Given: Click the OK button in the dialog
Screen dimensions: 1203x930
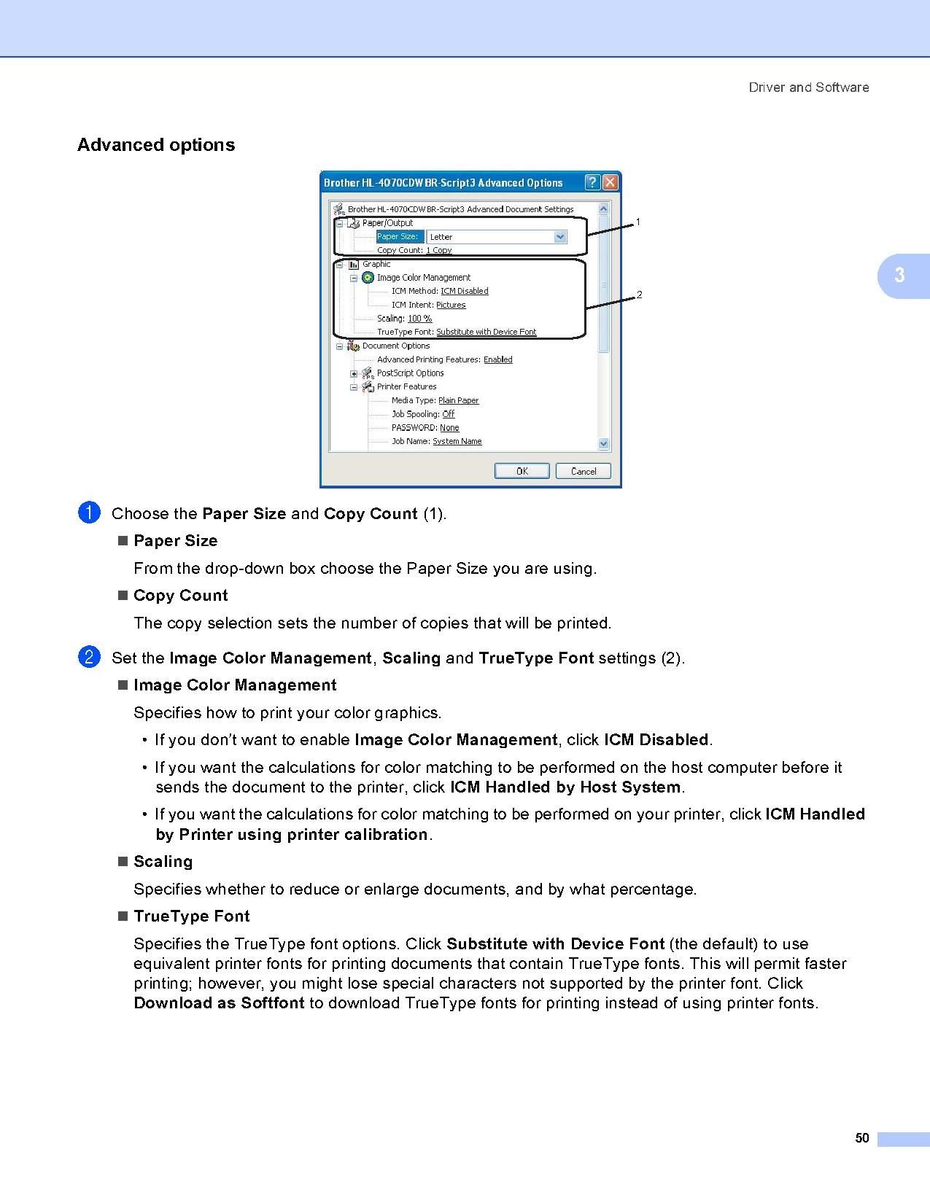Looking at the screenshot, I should pos(522,471).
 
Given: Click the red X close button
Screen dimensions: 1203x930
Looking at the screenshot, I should pos(610,182).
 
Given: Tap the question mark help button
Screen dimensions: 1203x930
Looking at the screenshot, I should pos(592,182).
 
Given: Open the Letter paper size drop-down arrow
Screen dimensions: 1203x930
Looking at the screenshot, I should pos(559,237).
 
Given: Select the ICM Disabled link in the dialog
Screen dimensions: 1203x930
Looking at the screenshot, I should pos(464,291).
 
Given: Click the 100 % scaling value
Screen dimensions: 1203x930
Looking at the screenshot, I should pos(419,319).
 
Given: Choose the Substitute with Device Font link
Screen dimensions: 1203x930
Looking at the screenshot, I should pos(486,332).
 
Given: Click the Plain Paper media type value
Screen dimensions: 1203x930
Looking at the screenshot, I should pos(458,400).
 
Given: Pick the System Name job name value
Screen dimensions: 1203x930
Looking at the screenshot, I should pos(457,441).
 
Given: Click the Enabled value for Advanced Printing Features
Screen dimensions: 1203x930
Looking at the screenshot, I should pos(497,359).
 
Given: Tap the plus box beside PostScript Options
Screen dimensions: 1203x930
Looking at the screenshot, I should pos(354,373).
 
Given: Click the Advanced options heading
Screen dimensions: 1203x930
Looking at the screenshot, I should pos(156,145).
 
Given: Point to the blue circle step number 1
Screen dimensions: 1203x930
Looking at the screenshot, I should pos(88,513).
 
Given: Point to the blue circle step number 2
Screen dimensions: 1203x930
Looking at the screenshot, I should pos(88,658).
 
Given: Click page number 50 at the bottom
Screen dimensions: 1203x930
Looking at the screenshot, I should pos(862,1138).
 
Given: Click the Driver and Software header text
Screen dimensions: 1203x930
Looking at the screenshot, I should pos(808,87).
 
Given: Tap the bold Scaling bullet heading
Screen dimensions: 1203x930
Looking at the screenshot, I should pos(163,862).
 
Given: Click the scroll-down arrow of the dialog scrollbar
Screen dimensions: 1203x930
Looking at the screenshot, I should pos(603,443).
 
